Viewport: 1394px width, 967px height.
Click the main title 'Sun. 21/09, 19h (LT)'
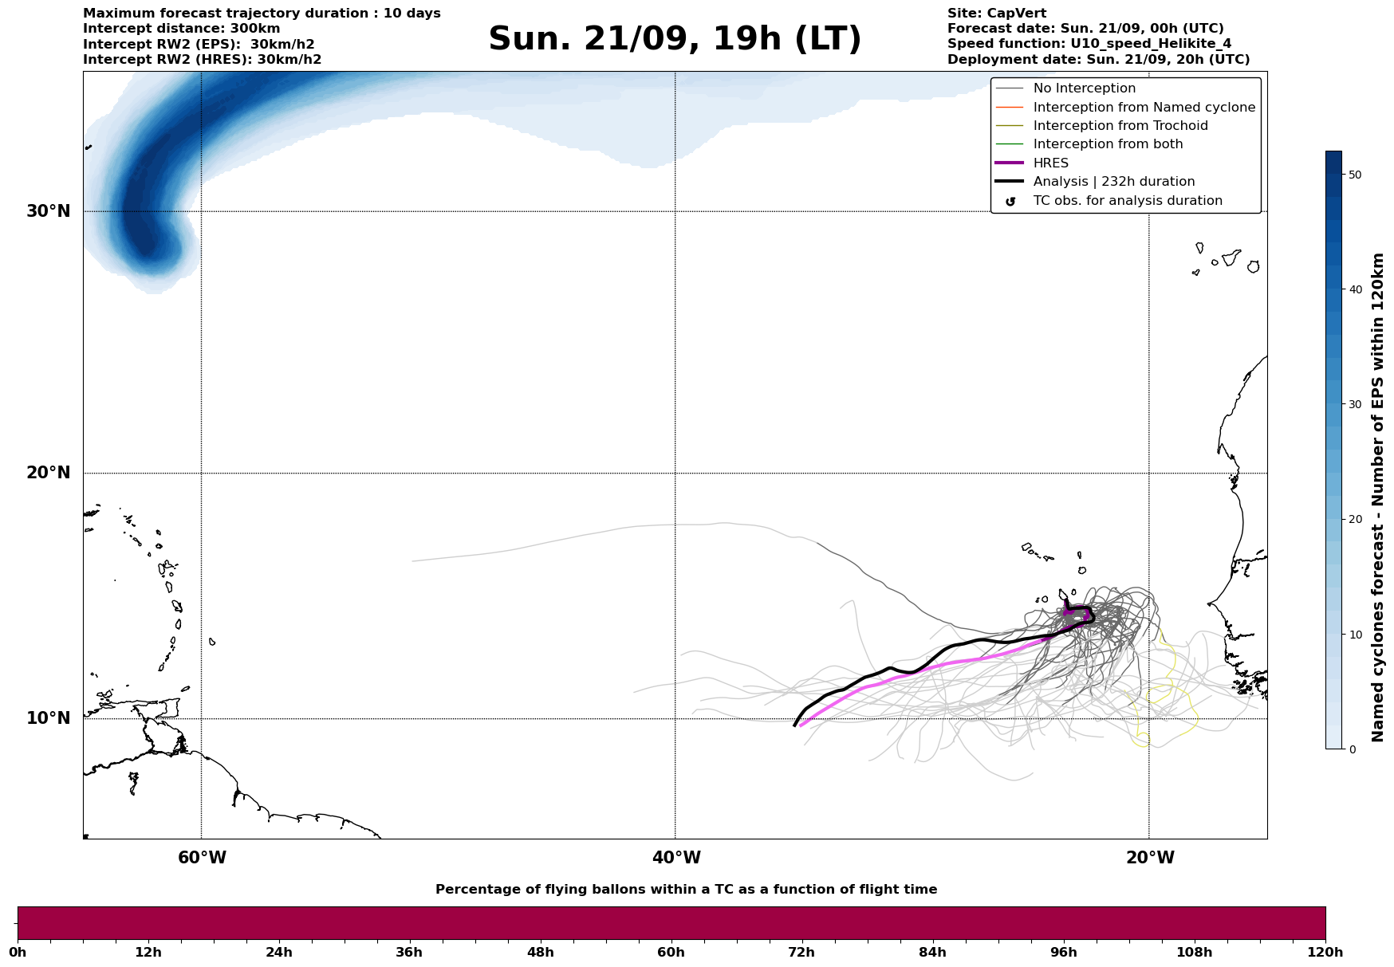click(675, 39)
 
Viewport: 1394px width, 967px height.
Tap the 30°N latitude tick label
click(48, 211)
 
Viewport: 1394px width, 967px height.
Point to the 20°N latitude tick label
click(48, 473)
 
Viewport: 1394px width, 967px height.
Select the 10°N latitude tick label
click(48, 718)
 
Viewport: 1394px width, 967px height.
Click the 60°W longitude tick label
click(202, 858)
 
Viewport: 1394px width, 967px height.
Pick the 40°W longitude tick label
click(676, 858)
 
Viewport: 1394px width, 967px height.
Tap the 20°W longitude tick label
click(1150, 858)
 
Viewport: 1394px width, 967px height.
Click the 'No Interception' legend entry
click(1084, 88)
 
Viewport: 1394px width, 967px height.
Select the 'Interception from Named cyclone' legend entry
click(1144, 108)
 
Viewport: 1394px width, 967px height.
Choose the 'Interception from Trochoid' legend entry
click(1120, 126)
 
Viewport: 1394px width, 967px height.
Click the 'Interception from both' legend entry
click(1108, 144)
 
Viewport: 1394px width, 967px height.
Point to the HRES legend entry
click(1050, 163)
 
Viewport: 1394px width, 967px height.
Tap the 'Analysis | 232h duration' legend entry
click(1113, 182)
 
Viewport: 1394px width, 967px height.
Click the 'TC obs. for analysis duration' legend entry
click(1127, 201)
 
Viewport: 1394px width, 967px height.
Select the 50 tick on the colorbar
click(1355, 175)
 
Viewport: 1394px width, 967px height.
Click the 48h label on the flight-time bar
click(540, 953)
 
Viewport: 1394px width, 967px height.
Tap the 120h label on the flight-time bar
click(1325, 953)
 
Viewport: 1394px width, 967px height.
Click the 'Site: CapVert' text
click(996, 14)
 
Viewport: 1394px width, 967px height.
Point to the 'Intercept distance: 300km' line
click(181, 29)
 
